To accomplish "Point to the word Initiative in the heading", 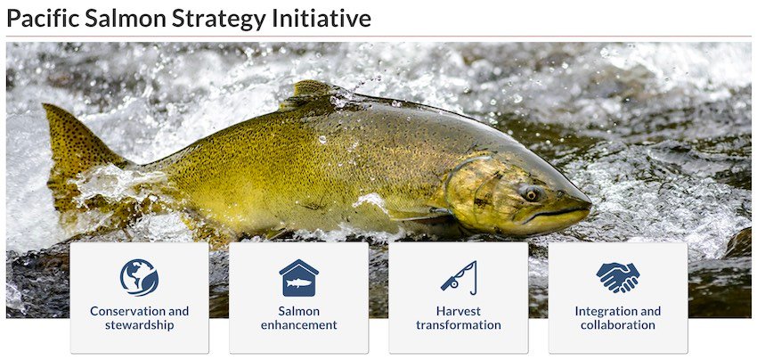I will click(322, 18).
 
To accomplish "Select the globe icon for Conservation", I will click(139, 277).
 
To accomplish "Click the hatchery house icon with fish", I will click(298, 278).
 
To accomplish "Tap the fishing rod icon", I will click(458, 278).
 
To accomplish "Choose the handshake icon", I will click(617, 278).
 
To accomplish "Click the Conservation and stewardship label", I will click(139, 318).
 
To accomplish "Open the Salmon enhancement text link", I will click(298, 318).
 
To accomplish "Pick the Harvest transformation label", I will click(458, 318).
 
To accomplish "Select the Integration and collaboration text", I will click(617, 318).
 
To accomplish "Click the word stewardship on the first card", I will click(139, 325).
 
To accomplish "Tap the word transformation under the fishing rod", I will click(458, 325).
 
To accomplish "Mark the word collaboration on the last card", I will click(617, 325).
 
